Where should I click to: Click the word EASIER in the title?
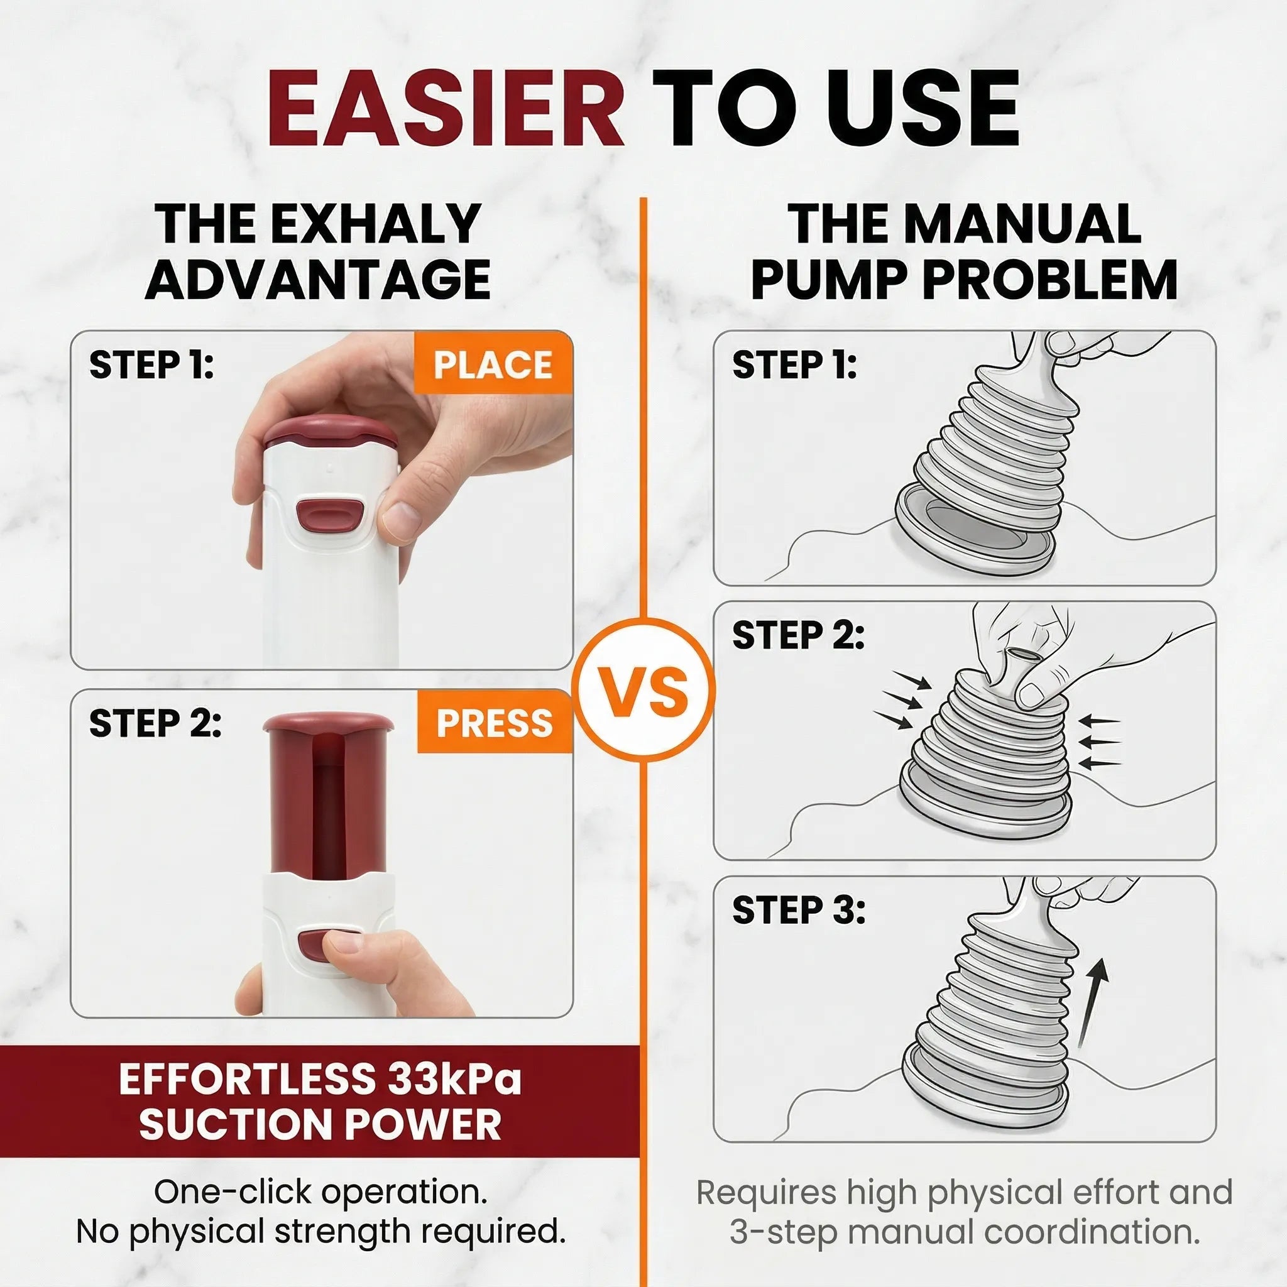point(445,109)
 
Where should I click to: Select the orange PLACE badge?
point(493,364)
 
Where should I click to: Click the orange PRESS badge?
point(495,723)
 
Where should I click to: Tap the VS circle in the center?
point(643,689)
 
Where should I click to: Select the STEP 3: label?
point(798,910)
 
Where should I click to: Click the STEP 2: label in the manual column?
point(798,635)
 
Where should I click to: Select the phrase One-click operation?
point(320,1191)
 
